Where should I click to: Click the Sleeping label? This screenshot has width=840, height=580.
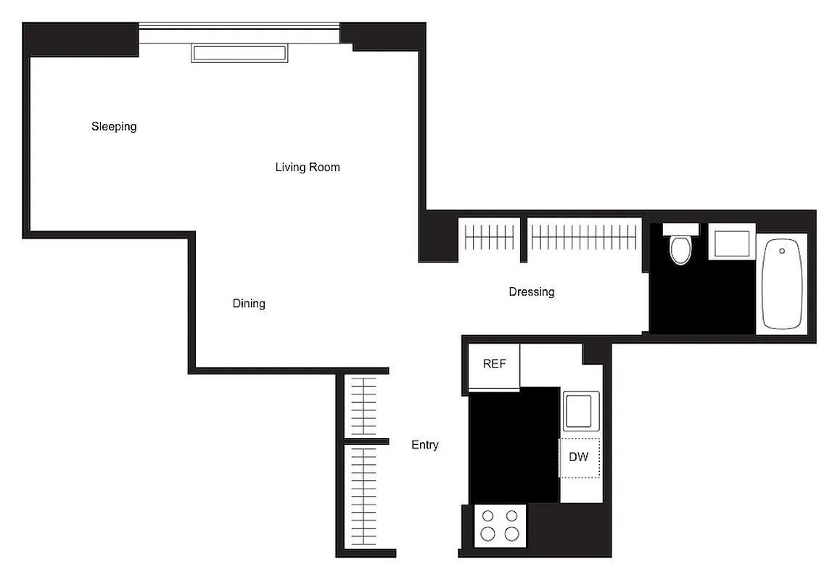pos(114,127)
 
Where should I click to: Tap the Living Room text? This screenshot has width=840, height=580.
pos(308,167)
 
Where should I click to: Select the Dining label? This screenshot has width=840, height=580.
pos(249,304)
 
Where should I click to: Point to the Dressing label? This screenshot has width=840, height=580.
pos(532,292)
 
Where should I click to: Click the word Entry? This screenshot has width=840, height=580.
pos(424,445)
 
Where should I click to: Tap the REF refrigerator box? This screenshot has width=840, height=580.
pos(494,365)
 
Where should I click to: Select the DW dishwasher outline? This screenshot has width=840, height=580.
pos(579,457)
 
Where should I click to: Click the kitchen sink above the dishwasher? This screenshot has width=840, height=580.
pos(580,411)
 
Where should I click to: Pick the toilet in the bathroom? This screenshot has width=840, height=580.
pos(680,246)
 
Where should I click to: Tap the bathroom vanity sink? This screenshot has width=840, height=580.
pos(732,241)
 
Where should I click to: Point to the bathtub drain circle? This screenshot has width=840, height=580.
pos(782,251)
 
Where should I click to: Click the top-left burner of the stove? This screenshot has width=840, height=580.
pos(488,516)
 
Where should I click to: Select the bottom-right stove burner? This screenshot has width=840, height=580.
pos(512,534)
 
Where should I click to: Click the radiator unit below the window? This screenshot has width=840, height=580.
pos(239,53)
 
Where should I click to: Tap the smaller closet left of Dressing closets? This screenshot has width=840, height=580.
pos(490,236)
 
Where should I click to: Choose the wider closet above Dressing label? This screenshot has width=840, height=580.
pos(584,236)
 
